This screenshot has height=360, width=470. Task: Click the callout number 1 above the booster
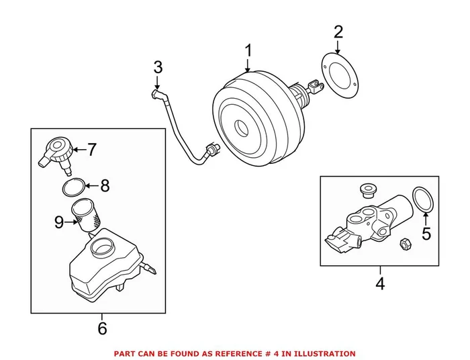tap(248, 50)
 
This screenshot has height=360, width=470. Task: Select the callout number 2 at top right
tap(338, 32)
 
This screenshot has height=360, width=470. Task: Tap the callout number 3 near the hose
tap(158, 67)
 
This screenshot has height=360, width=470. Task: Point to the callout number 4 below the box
tap(380, 284)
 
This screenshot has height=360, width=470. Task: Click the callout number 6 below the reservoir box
tap(102, 328)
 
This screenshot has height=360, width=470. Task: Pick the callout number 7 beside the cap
tap(92, 150)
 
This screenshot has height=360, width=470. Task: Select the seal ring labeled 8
tap(75, 187)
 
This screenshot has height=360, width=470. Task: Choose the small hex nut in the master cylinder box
tap(405, 243)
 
